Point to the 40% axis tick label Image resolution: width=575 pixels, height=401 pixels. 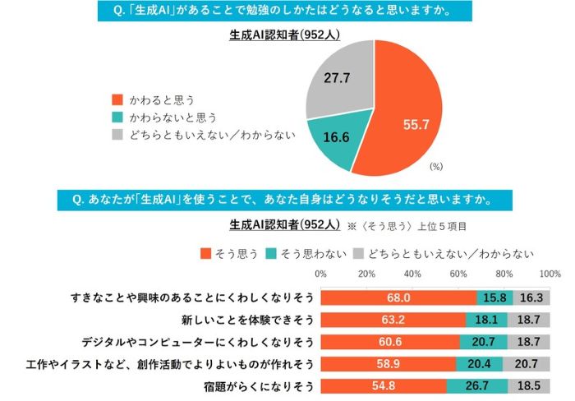pyautogui.click(x=412, y=274)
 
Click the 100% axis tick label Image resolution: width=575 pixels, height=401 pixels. pyautogui.click(x=550, y=274)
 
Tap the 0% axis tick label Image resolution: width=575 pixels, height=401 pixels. pyautogui.click(x=321, y=274)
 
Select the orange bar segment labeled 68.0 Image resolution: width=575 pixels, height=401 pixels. pyautogui.click(x=398, y=297)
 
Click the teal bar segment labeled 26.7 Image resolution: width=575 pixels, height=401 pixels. pyautogui.click(x=477, y=386)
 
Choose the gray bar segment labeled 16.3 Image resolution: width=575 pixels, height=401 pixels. pyautogui.click(x=531, y=297)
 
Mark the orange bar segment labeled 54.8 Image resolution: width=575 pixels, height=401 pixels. pyautogui.click(x=384, y=386)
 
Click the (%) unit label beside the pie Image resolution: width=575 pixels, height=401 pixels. pyautogui.click(x=435, y=166)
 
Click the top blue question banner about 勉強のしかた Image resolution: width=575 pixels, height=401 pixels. pyautogui.click(x=286, y=12)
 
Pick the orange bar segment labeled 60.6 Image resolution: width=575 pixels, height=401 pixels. pyautogui.click(x=390, y=342)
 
